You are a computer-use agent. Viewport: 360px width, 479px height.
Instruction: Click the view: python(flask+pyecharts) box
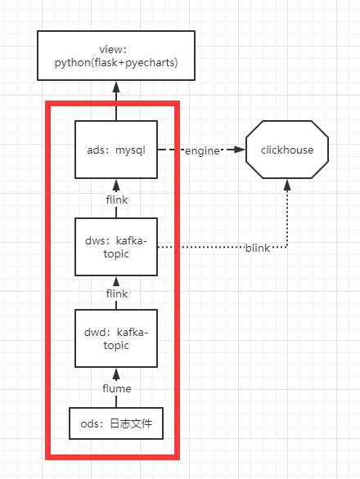(115, 55)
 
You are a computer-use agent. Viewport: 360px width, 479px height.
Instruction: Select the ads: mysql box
(115, 150)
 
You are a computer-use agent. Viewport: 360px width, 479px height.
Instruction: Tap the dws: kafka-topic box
(115, 246)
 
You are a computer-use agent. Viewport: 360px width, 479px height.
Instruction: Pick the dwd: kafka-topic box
(115, 338)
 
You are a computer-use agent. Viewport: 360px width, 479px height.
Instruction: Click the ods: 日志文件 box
(115, 423)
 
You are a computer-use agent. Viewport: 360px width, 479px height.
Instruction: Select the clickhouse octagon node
(287, 150)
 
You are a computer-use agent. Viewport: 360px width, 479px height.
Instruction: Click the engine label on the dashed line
(201, 151)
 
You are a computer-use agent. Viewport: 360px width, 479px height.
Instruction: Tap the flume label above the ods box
(115, 388)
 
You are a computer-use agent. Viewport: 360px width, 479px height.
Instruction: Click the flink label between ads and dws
(115, 199)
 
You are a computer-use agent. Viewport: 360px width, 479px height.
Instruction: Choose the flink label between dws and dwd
(115, 292)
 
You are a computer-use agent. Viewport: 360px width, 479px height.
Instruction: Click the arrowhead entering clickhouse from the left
(241, 150)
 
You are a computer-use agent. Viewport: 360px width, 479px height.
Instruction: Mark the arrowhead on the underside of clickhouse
(287, 184)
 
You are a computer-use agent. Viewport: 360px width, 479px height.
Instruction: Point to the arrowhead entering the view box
(115, 84)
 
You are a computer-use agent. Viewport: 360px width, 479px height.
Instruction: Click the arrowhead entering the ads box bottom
(115, 184)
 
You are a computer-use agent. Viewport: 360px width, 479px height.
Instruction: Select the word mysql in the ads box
(129, 150)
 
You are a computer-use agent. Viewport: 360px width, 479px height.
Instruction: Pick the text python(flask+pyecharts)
(115, 62)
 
